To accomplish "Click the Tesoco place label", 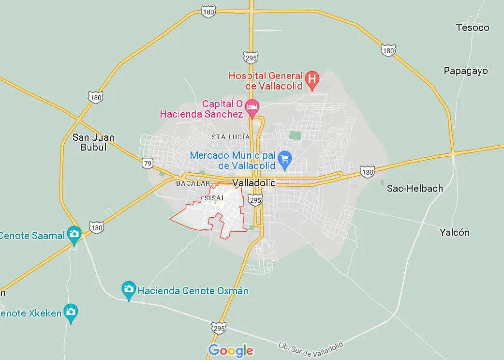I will pos(473,28).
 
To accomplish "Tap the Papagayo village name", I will pos(466,71).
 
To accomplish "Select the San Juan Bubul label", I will pos(93,142).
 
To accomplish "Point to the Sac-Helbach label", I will pos(415,188).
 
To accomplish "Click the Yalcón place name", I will pos(454,232).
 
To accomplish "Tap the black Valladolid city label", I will pos(254,183).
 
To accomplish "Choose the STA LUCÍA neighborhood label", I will pos(231,137).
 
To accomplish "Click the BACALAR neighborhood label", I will pos(193,183).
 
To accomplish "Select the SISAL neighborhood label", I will pos(215,198).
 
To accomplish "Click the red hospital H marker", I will pos(312,78).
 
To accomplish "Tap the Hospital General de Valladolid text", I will pos(266,81).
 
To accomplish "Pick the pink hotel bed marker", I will pos(252,106).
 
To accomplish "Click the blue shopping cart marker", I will pos(285,158).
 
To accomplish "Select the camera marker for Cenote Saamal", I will pos(74,234).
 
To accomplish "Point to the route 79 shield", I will pos(148,163).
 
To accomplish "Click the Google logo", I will pos(231,350).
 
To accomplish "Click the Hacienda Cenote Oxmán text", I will pos(193,291).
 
